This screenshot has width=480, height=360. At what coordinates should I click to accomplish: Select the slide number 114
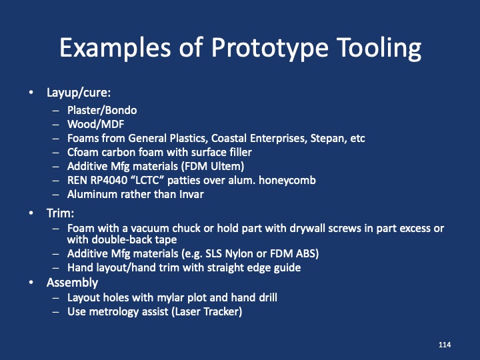pyautogui.click(x=445, y=344)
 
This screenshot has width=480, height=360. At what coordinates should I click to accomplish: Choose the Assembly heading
pyautogui.click(x=72, y=283)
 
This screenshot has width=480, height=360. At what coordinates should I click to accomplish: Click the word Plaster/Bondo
pyautogui.click(x=102, y=110)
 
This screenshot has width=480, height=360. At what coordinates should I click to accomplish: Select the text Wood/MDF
pyautogui.click(x=95, y=124)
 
